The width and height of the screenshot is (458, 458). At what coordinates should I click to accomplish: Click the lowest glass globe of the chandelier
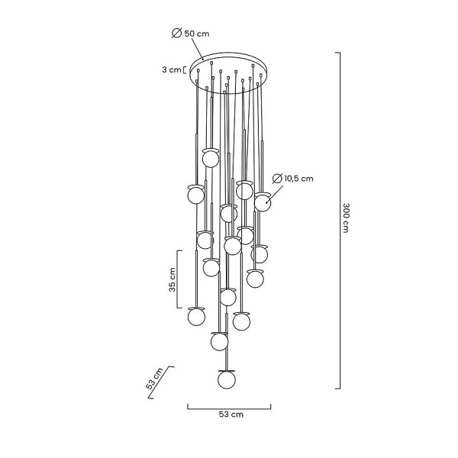coord(226,378)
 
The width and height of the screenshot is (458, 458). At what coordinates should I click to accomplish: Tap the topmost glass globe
coord(211,159)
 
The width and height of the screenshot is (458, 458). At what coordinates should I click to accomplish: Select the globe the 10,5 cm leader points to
coord(263,202)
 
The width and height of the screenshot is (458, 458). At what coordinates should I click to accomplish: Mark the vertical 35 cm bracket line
coord(179,278)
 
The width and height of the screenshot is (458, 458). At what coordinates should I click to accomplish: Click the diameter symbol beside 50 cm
coord(176,34)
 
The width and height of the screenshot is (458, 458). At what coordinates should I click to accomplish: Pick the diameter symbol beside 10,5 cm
coord(279,179)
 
